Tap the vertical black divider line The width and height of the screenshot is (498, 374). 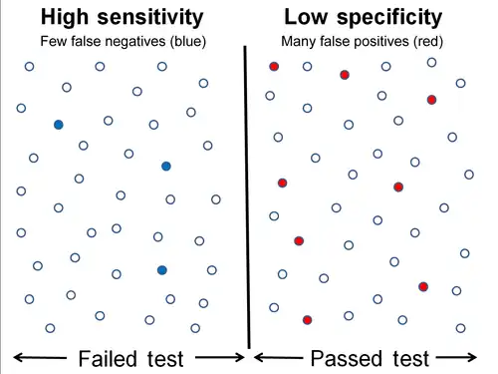coord(246,199)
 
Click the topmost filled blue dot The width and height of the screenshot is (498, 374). coord(59,125)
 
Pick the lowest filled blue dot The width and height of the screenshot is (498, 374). coord(161,269)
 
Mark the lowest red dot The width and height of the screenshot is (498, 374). coord(308,320)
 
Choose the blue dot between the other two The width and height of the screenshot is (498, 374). coord(166,166)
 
